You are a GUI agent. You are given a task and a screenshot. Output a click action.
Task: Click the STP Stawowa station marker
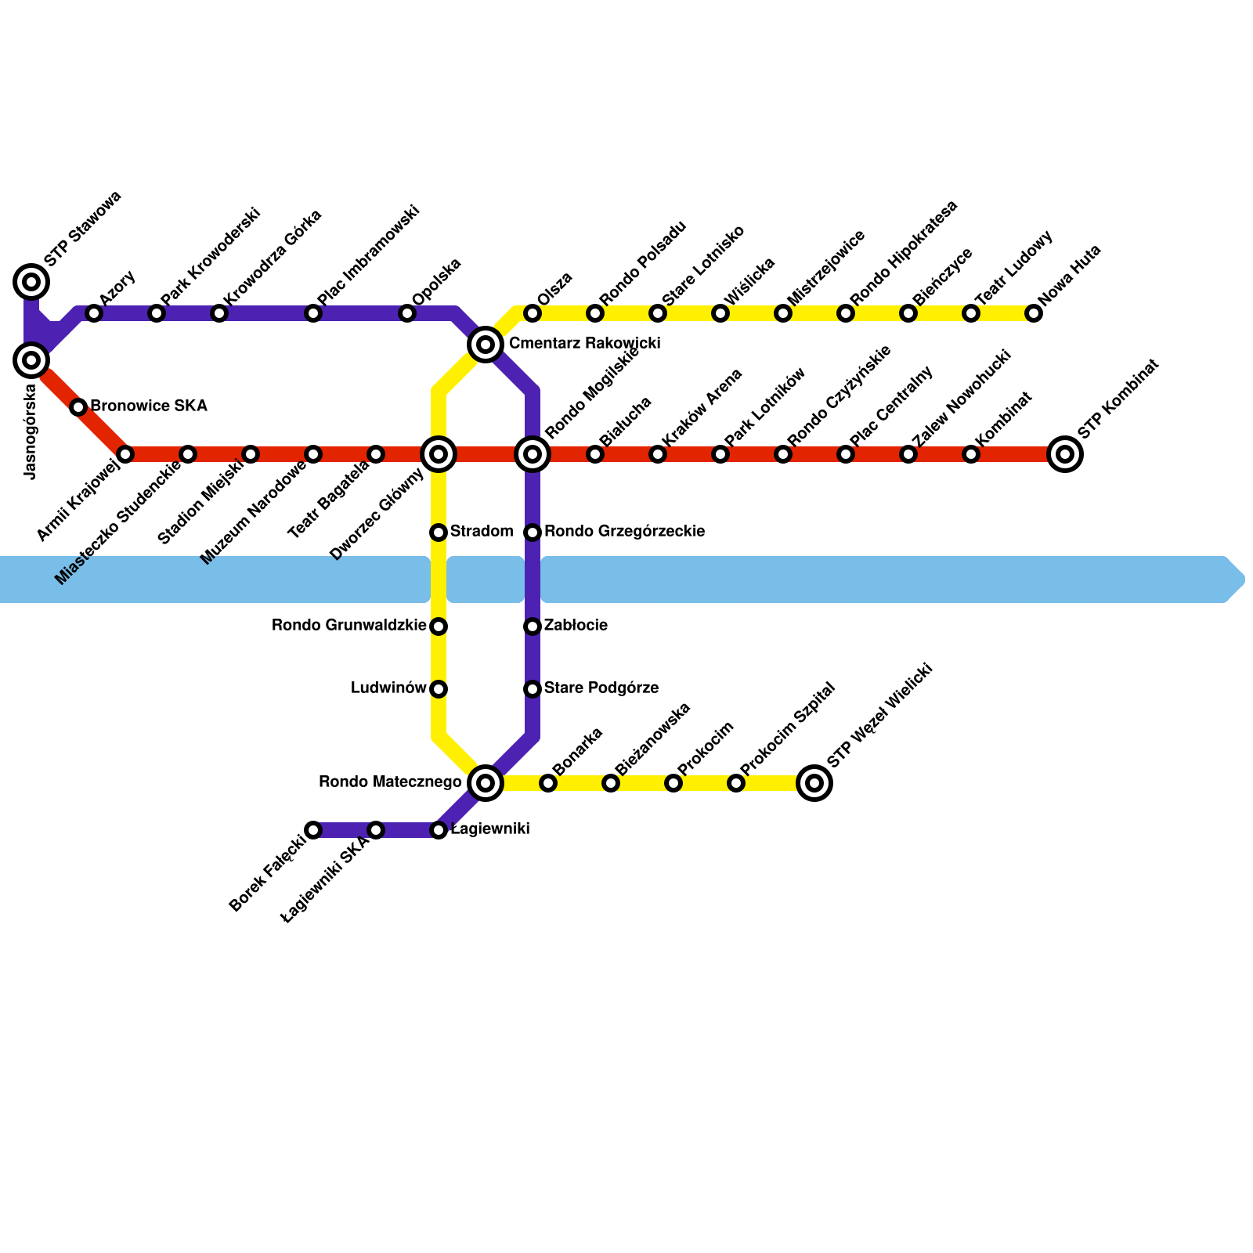tap(31, 281)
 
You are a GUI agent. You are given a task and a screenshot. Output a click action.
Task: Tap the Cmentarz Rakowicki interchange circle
tap(486, 345)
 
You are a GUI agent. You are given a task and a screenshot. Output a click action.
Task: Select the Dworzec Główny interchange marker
tap(439, 454)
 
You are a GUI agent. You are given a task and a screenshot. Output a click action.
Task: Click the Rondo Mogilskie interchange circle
tap(533, 454)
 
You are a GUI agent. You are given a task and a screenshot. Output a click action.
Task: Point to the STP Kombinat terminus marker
tap(1065, 454)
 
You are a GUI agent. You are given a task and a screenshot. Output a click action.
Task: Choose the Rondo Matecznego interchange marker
tap(486, 782)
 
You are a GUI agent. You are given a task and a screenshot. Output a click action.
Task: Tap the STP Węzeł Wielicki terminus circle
tap(814, 782)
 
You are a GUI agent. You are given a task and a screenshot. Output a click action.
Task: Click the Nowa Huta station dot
tap(1034, 314)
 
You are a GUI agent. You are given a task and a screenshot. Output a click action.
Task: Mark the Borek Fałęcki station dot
tap(313, 830)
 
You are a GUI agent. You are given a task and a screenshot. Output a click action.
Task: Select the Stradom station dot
tap(439, 533)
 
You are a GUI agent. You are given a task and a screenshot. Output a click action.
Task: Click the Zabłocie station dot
tap(533, 626)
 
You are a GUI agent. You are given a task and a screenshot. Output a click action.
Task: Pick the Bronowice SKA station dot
tap(78, 407)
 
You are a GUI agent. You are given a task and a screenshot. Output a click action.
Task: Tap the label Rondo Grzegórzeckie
tap(624, 532)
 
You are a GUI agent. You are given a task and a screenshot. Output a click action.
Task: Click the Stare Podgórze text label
tap(601, 688)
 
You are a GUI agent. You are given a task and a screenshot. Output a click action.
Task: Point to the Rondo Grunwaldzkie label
tap(348, 626)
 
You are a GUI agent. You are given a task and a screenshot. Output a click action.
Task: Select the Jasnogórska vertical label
tap(31, 431)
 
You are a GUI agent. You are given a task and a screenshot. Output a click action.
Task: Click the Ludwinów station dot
tap(439, 689)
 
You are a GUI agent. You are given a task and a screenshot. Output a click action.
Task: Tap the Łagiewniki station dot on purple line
tap(439, 830)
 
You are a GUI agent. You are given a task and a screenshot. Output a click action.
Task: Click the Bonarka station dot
tap(548, 783)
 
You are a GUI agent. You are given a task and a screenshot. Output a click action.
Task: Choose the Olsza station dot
tap(533, 314)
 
